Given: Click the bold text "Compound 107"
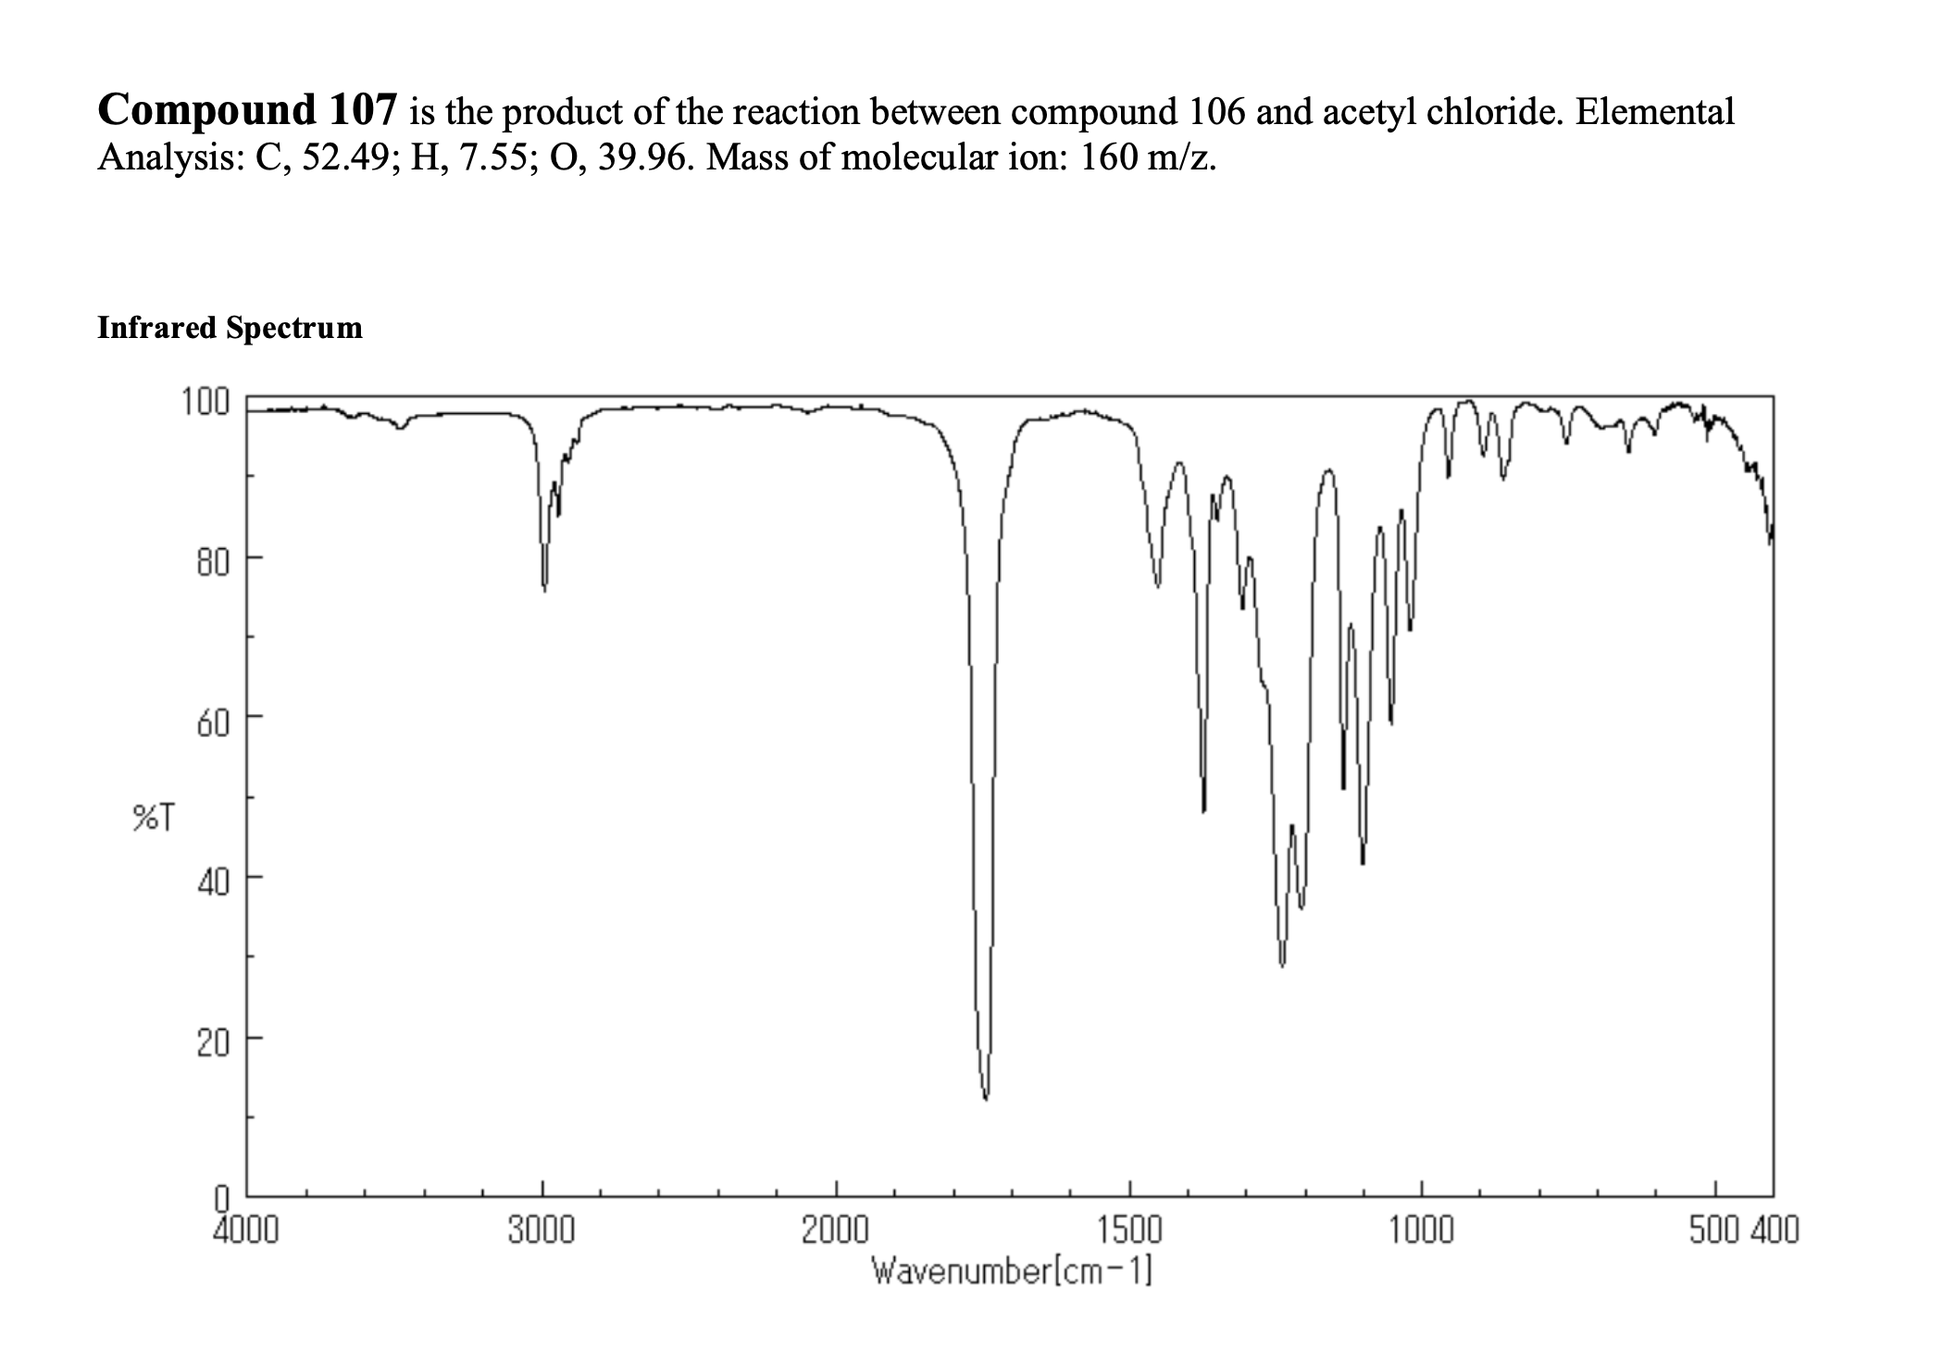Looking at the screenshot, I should [247, 110].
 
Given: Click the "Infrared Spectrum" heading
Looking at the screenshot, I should [230, 328].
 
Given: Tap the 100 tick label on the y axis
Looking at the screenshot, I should [205, 403].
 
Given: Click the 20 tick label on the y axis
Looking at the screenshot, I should [214, 1043].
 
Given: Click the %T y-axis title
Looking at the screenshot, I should [152, 818].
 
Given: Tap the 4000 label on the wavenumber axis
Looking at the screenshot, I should [244, 1231].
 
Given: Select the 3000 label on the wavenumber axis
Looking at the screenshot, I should [542, 1231].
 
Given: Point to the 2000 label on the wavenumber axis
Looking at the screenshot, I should [835, 1231].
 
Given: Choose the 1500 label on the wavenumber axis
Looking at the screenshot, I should [1129, 1231].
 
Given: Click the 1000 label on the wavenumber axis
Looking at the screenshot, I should [1422, 1231].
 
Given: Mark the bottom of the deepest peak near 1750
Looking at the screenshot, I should [986, 1098].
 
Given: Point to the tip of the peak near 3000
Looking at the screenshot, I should [544, 589].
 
